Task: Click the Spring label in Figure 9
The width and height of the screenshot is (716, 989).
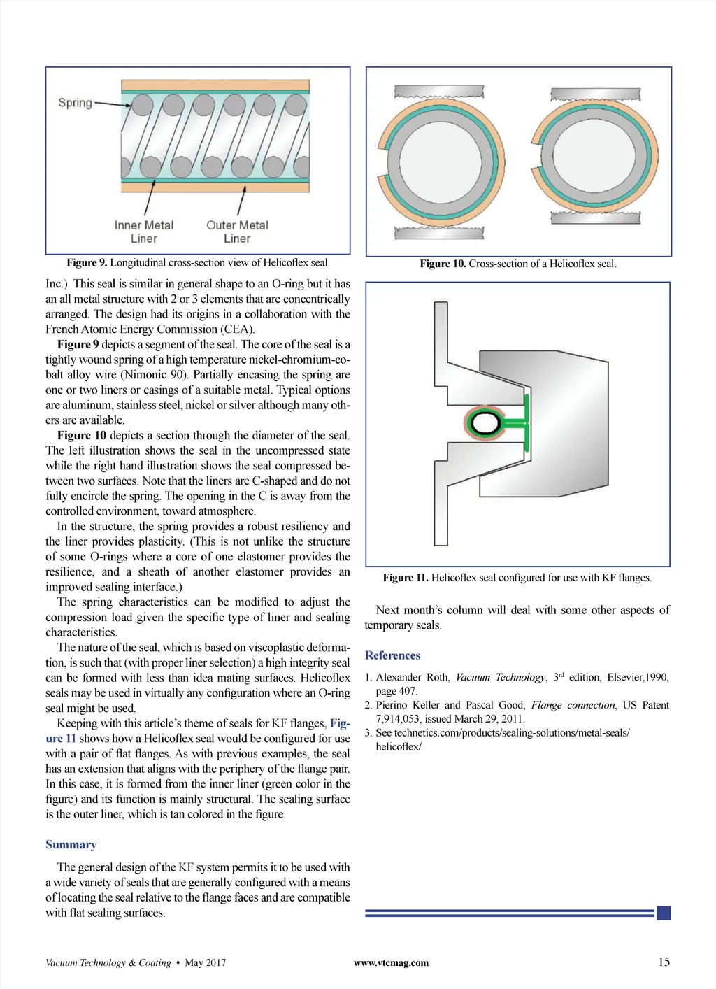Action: (75, 103)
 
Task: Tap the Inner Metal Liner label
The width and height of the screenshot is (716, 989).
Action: (144, 232)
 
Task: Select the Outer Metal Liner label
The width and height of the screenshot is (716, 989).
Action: (237, 232)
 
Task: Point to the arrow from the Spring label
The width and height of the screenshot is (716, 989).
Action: (112, 104)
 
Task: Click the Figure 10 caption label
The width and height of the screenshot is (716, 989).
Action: (443, 264)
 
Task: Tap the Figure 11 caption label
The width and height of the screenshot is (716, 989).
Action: (406, 578)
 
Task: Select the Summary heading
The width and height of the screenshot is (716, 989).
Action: (71, 845)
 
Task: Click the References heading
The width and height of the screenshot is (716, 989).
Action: (392, 655)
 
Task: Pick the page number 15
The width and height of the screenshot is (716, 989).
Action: (664, 962)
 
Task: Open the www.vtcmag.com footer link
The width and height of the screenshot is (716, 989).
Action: (391, 962)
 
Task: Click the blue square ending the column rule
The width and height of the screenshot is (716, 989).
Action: (664, 913)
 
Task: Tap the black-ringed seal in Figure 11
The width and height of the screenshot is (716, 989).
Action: (485, 422)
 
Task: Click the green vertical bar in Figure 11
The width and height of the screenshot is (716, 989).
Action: (526, 422)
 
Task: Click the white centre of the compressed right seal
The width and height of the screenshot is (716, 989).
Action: (594, 161)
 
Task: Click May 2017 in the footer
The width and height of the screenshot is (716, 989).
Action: (205, 962)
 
